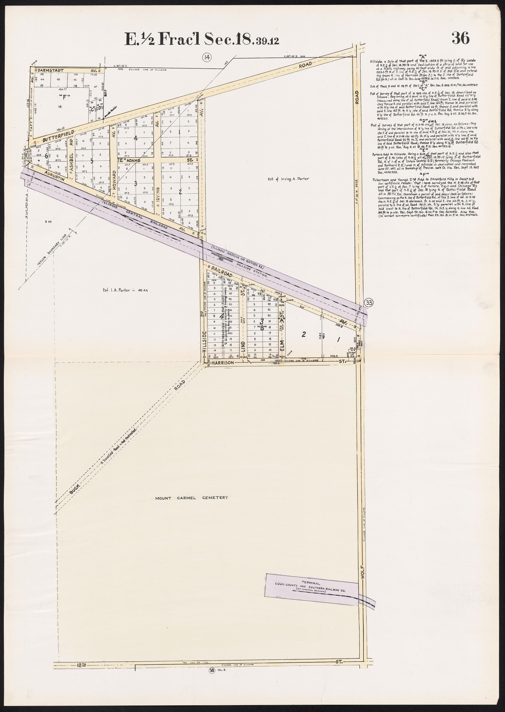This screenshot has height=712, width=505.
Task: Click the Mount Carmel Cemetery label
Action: [192, 497]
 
